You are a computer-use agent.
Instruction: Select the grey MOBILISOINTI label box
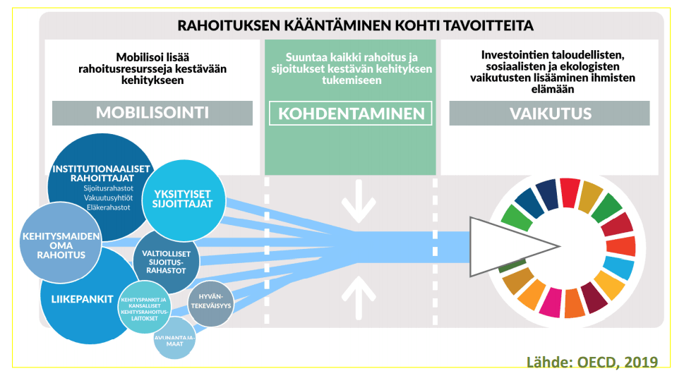coord(152,113)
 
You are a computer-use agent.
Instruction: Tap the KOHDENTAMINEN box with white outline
coord(351,113)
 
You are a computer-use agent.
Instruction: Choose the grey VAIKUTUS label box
coord(549,113)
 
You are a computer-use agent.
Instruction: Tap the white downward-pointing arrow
coord(358,200)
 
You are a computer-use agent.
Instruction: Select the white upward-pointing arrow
coord(358,295)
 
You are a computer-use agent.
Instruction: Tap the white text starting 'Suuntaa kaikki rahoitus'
coord(351,69)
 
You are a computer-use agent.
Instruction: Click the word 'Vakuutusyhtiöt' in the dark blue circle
coord(108,198)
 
